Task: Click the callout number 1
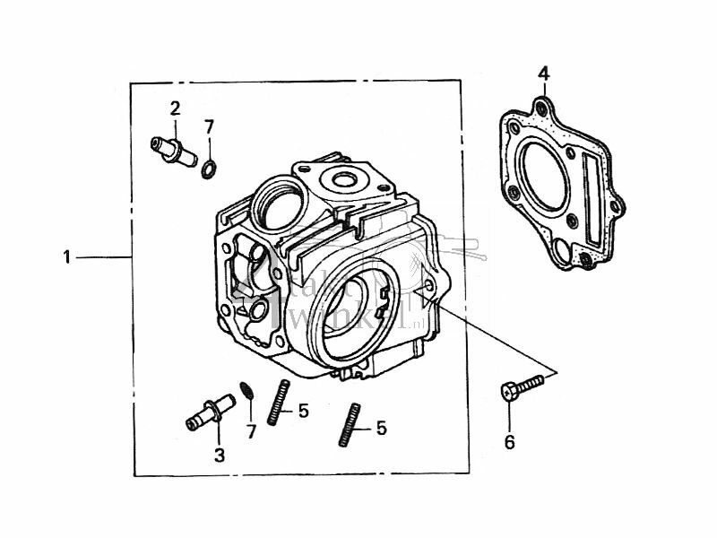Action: point(66,257)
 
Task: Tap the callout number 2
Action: point(176,108)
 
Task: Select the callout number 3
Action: point(220,456)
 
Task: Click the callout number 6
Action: point(509,442)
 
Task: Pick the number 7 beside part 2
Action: point(209,126)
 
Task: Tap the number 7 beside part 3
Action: point(251,432)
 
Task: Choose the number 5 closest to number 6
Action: point(381,429)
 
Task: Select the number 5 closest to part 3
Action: point(304,411)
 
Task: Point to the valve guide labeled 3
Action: point(207,414)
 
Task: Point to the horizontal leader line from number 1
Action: point(103,257)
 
